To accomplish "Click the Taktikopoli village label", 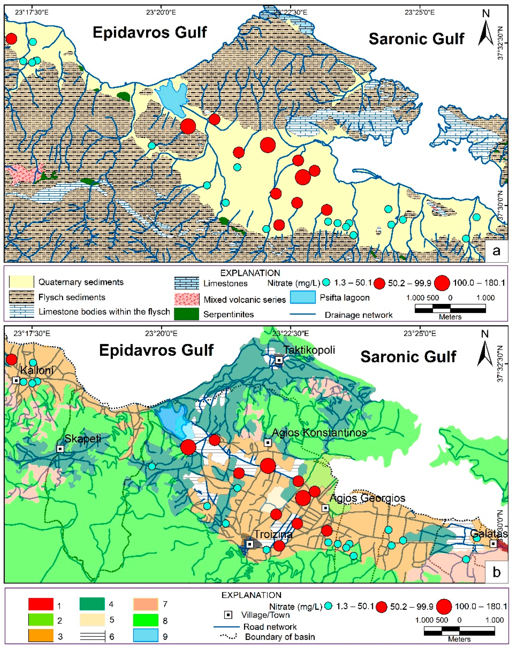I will (309, 350).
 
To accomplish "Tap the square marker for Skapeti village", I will (60, 449).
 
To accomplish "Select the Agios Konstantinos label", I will (319, 432).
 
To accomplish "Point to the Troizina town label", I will (273, 535).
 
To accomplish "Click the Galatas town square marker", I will (493, 543).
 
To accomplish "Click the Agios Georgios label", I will (367, 498).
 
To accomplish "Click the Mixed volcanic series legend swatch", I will (187, 299).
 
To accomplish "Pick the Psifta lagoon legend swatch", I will (303, 297).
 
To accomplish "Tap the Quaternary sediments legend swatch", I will (21, 282).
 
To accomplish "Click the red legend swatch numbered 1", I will (41, 604).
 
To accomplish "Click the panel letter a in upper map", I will (496, 251).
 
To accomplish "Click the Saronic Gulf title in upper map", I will (416, 39).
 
